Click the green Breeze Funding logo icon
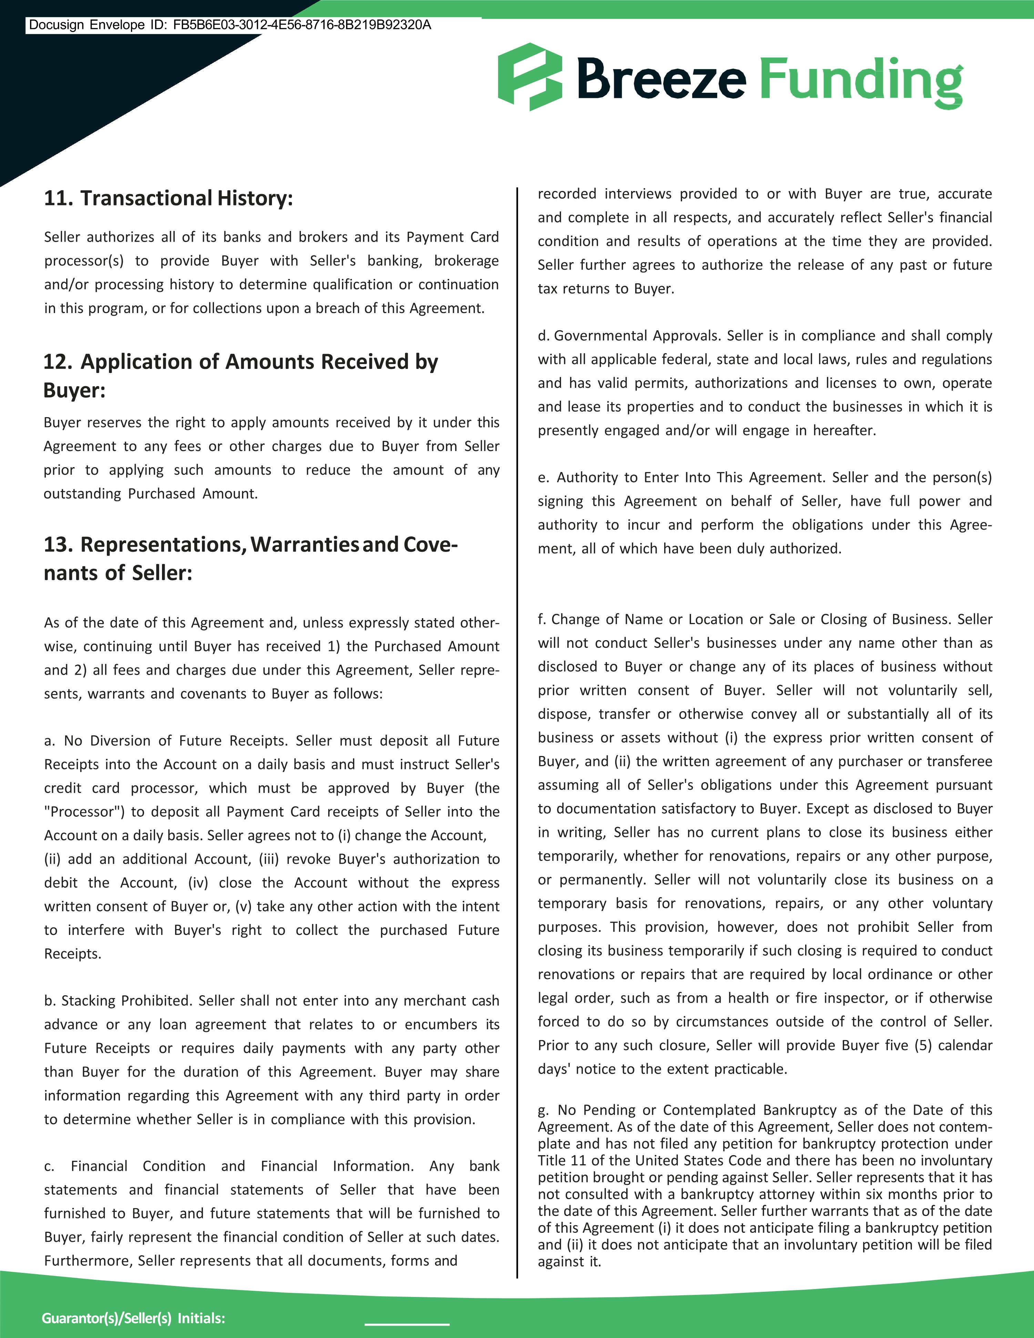529,77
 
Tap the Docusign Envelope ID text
230,25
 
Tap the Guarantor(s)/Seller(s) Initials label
133,1318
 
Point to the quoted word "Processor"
84,812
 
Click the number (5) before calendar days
923,1045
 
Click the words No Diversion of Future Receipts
175,741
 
